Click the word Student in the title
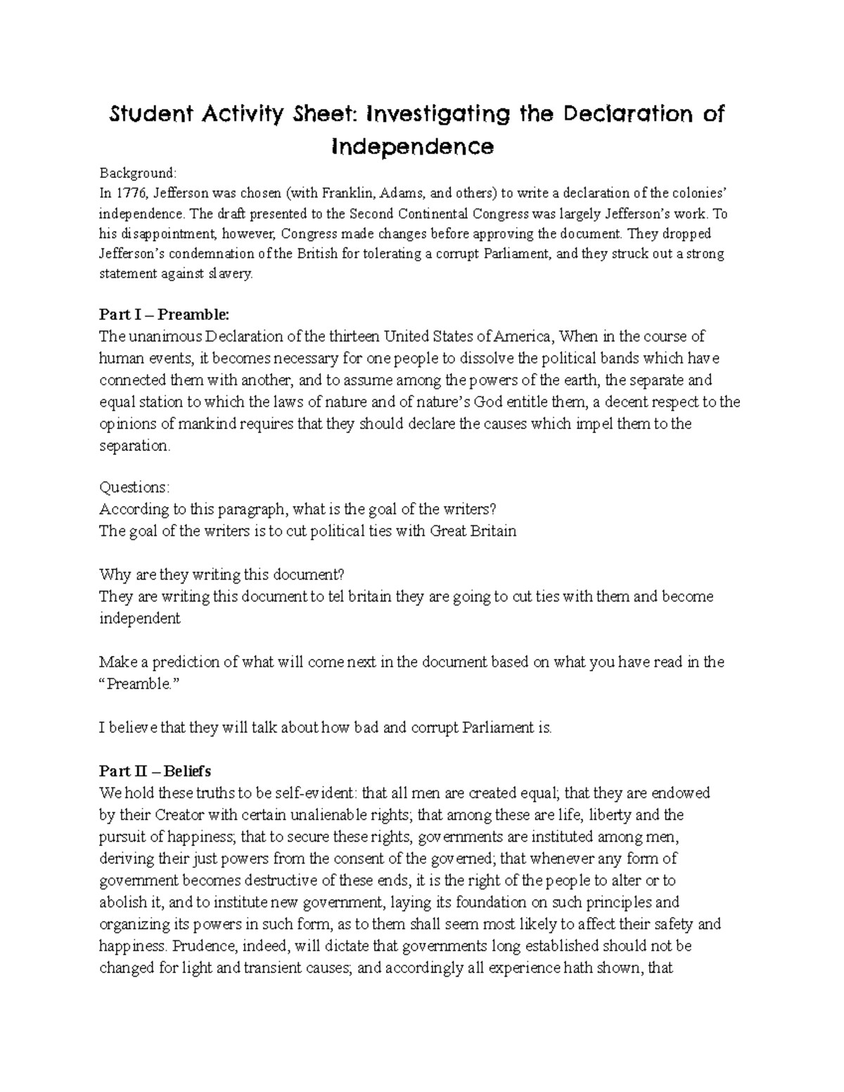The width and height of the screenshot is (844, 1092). (145, 115)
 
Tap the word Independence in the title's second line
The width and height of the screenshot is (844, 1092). (413, 148)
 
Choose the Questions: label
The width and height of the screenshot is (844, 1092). (134, 488)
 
